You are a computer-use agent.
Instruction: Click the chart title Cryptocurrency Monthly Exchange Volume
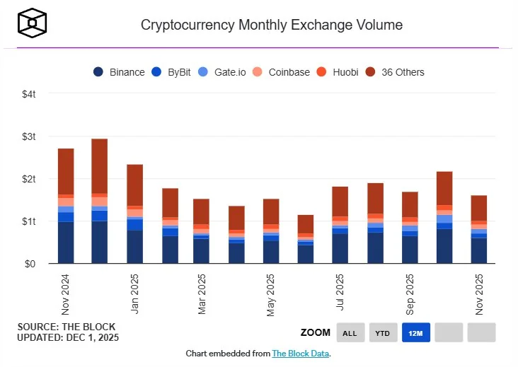tap(272, 25)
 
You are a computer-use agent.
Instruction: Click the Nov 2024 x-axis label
tap(66, 295)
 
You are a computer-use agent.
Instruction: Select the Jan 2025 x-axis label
tap(134, 295)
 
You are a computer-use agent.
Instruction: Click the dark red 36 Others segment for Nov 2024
tap(66, 171)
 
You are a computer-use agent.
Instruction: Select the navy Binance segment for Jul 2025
tap(340, 248)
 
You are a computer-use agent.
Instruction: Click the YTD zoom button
tap(383, 332)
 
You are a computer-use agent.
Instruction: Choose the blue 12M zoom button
tap(416, 332)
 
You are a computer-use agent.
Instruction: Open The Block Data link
tap(300, 353)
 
